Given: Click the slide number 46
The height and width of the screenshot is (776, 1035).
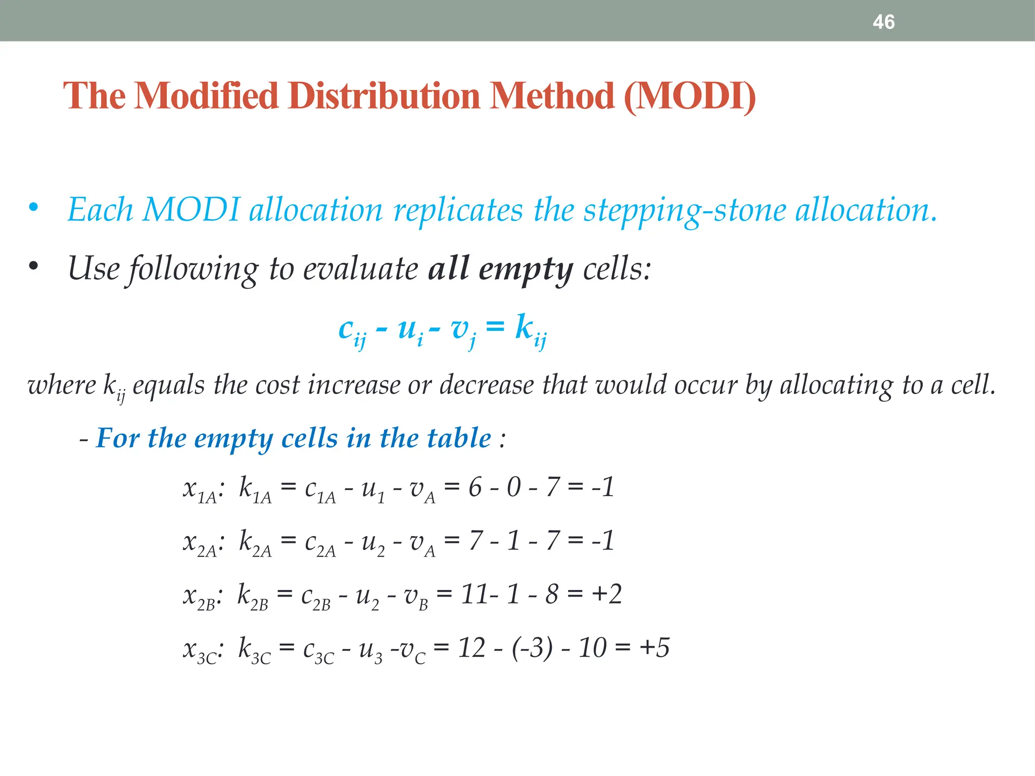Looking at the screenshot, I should (883, 22).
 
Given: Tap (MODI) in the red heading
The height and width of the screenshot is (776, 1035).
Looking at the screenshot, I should (690, 96).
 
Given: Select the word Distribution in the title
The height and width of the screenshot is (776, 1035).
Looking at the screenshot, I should (384, 96).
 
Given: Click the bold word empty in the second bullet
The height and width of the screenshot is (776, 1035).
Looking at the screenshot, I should (526, 269).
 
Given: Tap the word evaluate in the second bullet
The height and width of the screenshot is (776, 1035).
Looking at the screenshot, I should (360, 269).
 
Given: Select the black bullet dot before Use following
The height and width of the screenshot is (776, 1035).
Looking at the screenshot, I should (34, 265).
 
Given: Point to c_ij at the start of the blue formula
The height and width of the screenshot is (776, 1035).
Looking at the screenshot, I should (352, 331).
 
